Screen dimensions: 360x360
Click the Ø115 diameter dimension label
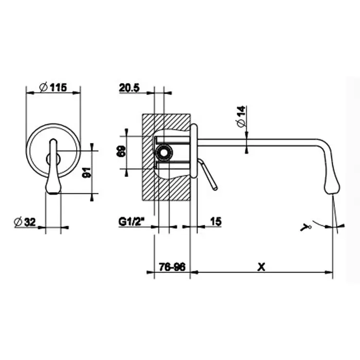point(53,87)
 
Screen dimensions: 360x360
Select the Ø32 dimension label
point(25,222)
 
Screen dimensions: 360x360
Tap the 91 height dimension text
point(87,172)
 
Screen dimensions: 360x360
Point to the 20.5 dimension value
point(129,88)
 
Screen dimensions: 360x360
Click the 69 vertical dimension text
point(121,151)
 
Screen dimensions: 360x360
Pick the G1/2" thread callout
point(132,222)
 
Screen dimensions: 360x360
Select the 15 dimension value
point(216,221)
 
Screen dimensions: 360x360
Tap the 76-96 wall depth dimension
point(172,267)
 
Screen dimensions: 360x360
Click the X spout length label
point(261,267)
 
